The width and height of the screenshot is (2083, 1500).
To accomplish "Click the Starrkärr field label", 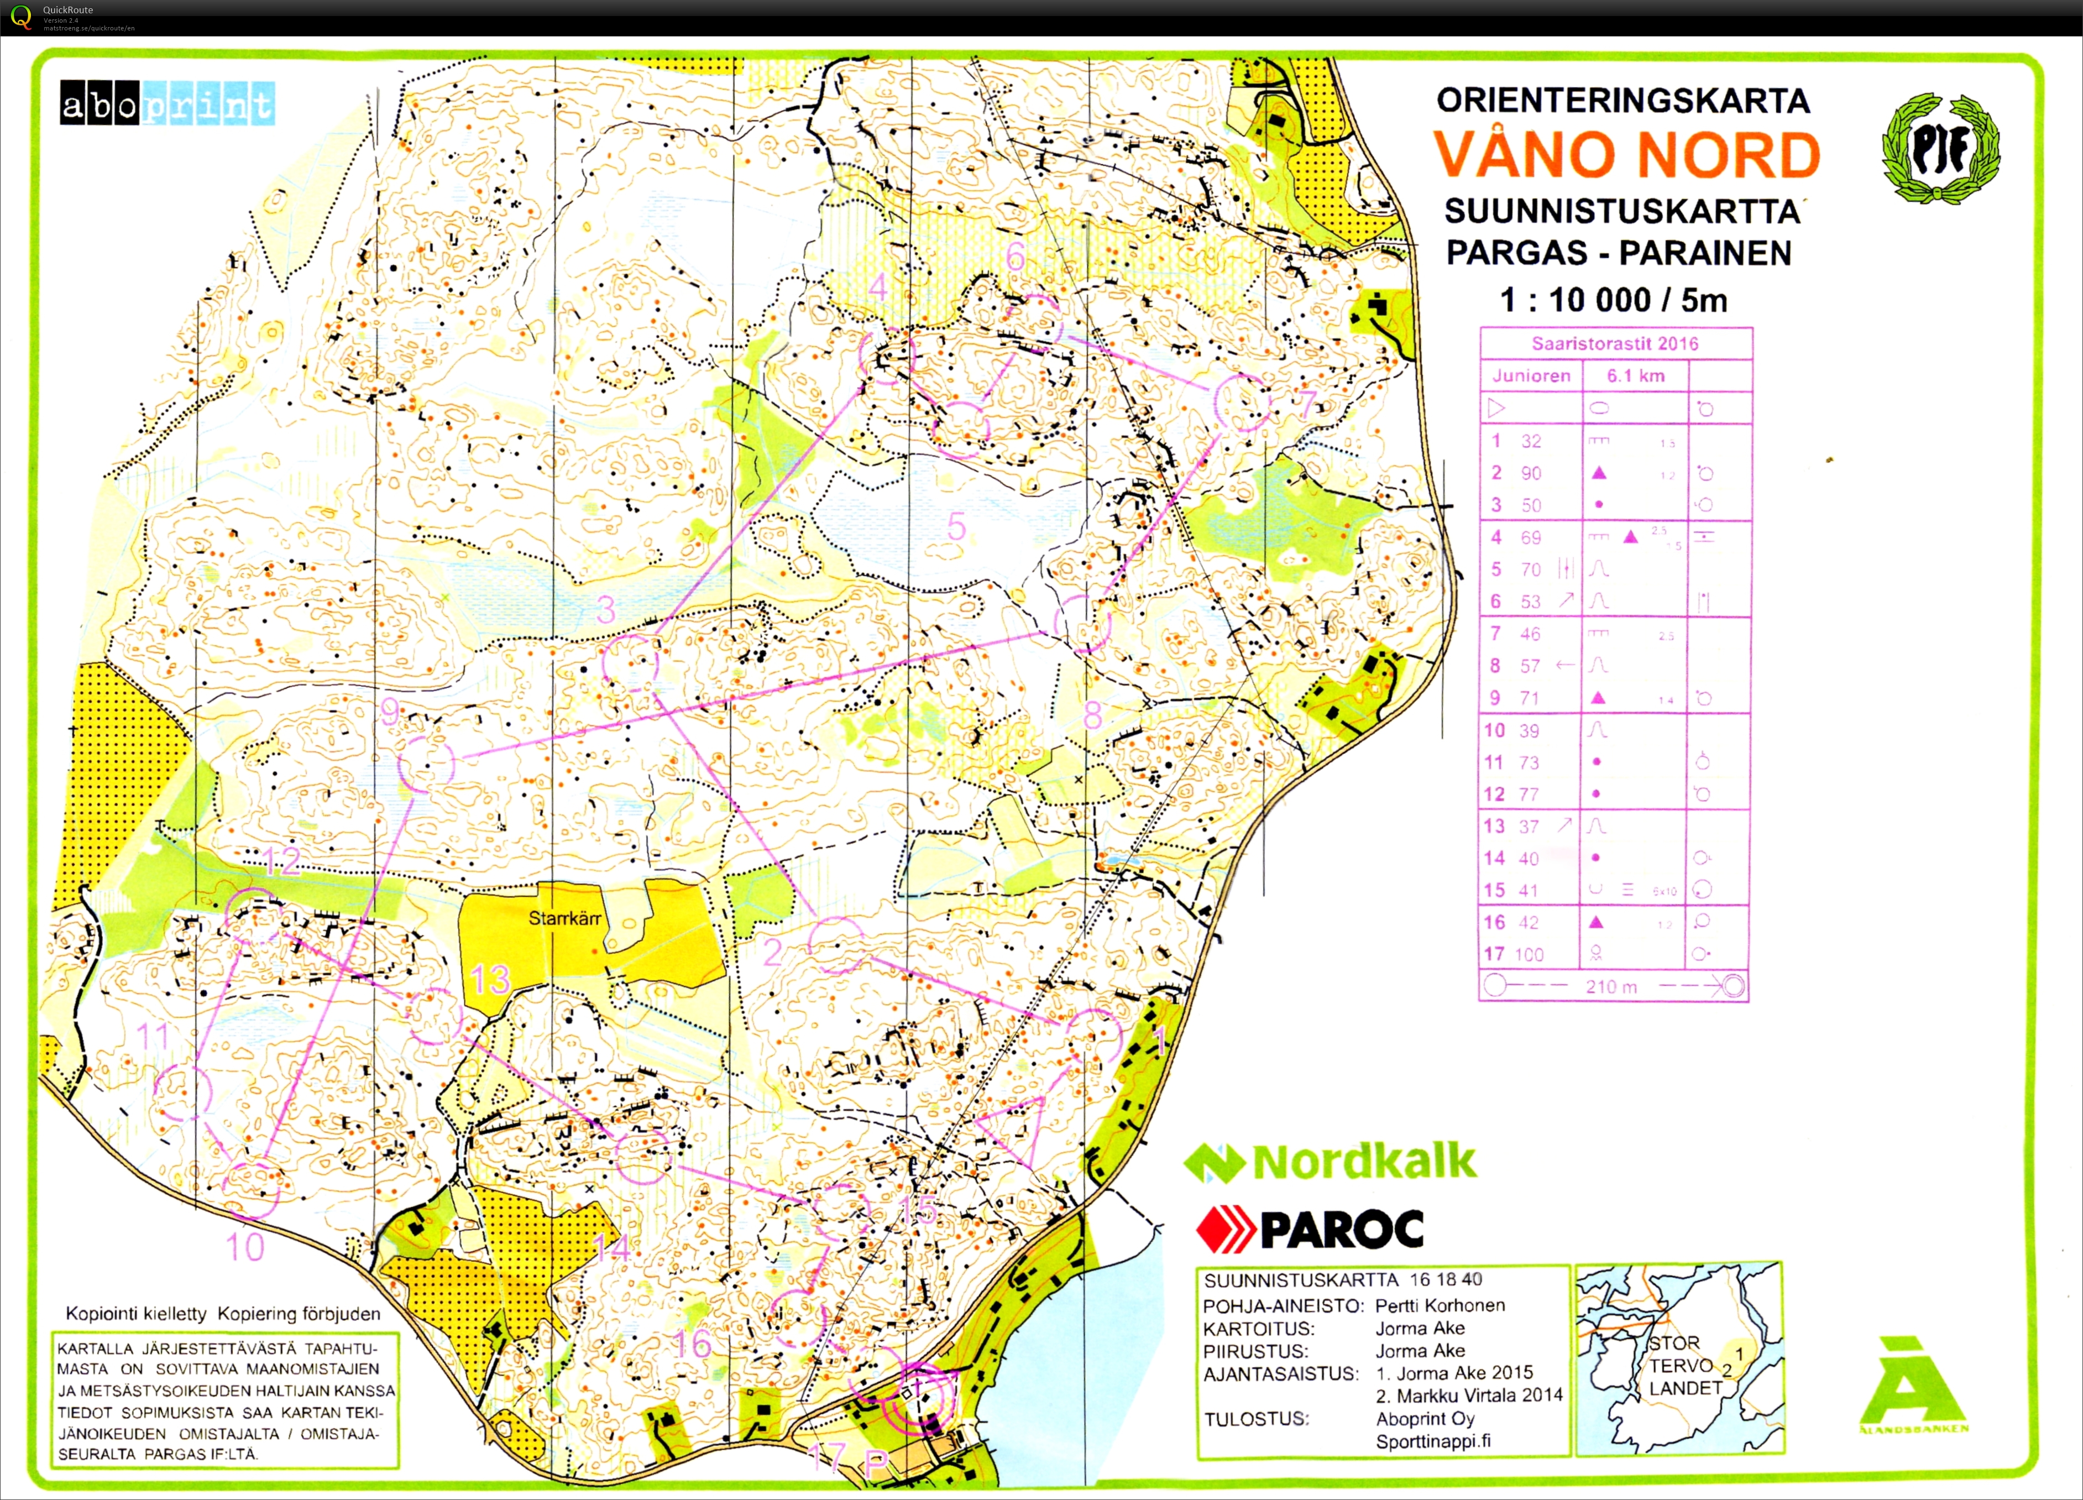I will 565,918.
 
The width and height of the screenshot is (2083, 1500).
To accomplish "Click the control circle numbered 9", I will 428,764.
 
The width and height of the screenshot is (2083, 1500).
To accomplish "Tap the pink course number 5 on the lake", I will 957,527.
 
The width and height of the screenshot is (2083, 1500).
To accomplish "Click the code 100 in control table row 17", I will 1529,954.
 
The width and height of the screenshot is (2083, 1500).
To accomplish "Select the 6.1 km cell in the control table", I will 1635,375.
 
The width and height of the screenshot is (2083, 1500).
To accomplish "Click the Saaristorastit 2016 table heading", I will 1615,343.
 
